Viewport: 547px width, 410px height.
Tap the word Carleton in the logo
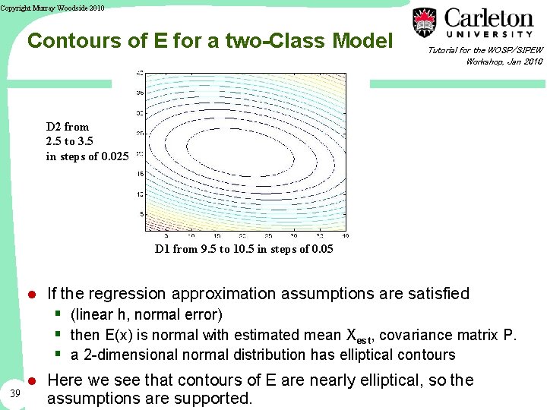[489, 18]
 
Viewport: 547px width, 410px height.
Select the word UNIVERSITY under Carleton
[489, 34]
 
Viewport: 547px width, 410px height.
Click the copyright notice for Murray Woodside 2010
[52, 8]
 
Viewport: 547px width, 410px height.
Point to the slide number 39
[16, 393]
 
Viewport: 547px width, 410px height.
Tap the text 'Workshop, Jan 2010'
[504, 61]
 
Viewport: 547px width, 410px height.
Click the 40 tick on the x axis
[345, 236]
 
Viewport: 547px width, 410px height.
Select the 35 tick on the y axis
[139, 93]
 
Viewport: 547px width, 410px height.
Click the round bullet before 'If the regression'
[32, 295]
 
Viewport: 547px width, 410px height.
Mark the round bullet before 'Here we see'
[32, 380]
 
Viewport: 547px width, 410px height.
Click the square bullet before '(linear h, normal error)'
[58, 314]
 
